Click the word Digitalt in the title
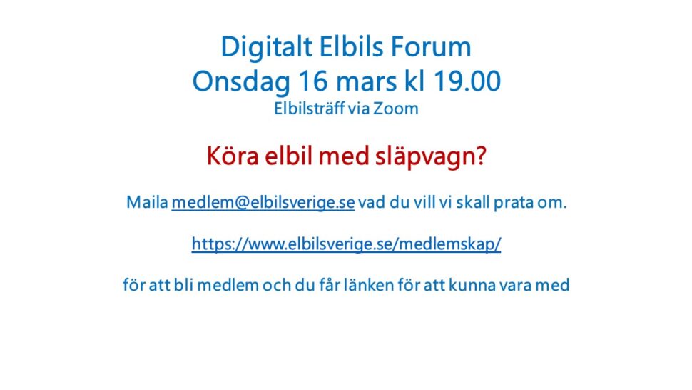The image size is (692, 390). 267,48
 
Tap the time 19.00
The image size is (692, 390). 467,81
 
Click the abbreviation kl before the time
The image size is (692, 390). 415,81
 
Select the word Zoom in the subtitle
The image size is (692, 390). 396,109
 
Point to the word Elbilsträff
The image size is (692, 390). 308,109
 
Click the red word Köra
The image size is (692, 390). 232,156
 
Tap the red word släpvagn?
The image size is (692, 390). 431,157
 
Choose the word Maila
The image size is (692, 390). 147,202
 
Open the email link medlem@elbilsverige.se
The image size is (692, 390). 263,203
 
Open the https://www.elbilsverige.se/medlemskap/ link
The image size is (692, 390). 347,244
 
